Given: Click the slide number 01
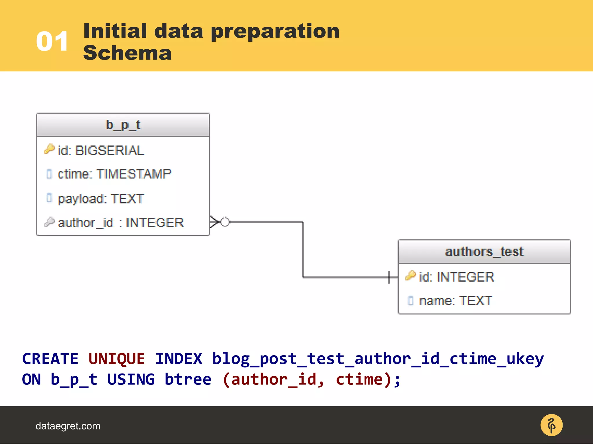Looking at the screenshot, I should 52,42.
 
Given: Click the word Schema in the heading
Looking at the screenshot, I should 127,53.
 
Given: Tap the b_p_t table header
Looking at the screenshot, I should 123,125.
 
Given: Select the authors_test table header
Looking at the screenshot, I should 484,252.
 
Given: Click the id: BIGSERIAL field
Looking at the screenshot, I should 100,151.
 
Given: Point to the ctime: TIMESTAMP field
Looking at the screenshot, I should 114,174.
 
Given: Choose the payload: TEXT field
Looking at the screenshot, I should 100,199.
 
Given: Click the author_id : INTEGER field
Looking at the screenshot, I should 120,223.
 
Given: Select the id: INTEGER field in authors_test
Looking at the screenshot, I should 456,277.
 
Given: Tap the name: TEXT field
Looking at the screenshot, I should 455,301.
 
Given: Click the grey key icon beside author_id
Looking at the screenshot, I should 49,222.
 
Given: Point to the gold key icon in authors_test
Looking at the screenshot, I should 411,276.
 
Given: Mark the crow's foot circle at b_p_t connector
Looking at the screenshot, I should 225,222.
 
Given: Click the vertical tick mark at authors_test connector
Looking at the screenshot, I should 389,277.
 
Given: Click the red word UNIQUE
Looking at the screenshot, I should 116,359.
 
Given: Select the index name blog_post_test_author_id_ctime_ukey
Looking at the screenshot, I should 378,359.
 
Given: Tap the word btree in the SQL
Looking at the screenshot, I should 188,380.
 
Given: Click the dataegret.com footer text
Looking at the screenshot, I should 68,426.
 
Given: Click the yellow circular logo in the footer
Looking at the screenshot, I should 551,425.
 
